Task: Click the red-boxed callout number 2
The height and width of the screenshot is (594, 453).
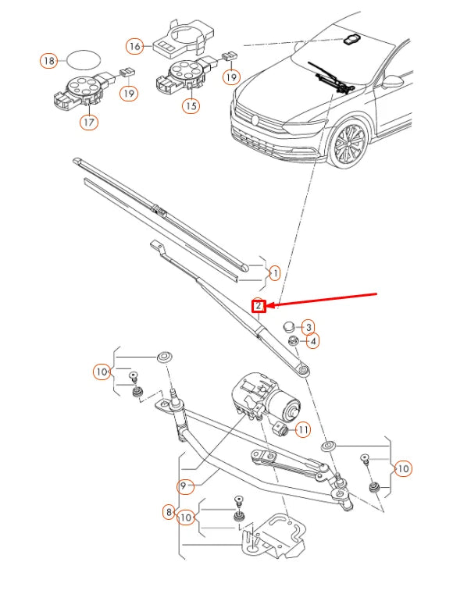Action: point(258,306)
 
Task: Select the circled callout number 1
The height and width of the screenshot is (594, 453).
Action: point(273,273)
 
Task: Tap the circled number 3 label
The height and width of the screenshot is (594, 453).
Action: point(309,327)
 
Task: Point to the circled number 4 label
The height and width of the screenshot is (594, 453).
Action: point(312,341)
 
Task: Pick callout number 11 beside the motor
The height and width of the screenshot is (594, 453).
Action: point(302,429)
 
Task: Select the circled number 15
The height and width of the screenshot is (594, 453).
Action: point(188,105)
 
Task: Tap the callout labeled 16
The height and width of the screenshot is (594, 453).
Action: point(134,46)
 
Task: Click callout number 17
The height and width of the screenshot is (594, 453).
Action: point(89,122)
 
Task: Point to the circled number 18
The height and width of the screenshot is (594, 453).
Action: point(48,60)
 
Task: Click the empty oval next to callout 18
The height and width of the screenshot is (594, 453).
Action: point(84,59)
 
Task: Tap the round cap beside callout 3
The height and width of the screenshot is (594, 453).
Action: point(287,326)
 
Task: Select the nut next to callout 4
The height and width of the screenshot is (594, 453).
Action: point(292,341)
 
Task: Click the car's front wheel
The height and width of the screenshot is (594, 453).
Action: point(348,145)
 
